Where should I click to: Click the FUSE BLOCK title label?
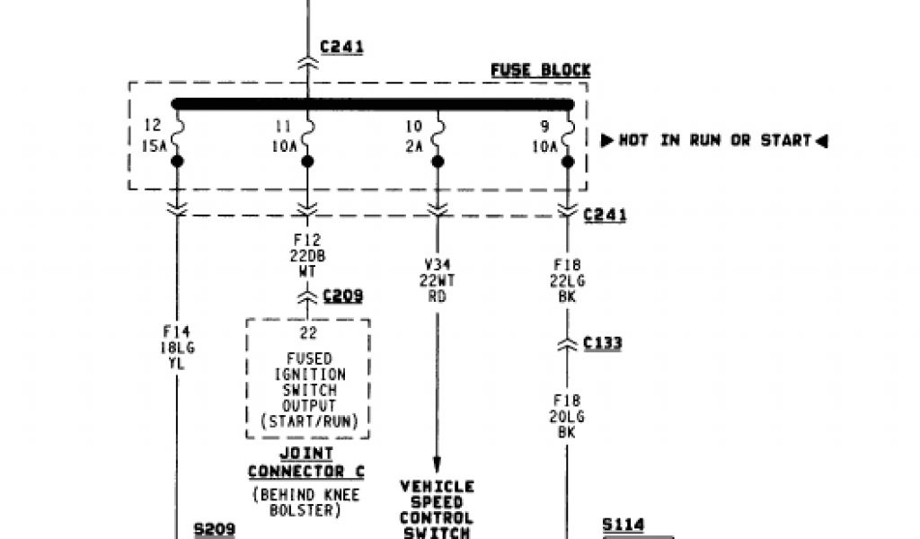540,69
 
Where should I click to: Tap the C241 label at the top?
341,47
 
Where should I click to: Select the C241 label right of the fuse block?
605,215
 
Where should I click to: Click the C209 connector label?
342,296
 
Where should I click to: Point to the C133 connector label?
602,342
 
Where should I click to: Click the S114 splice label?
624,525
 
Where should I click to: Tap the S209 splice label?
215,530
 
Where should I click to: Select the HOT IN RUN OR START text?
714,140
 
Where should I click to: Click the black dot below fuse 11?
307,162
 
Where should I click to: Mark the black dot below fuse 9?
568,162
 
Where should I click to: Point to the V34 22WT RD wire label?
438,280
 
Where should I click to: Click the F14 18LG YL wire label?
176,349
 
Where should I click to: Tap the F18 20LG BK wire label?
567,416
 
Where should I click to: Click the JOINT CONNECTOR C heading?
306,463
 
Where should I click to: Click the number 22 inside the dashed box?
307,334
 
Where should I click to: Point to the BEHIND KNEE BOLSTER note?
307,500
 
